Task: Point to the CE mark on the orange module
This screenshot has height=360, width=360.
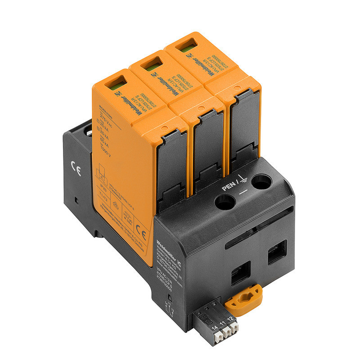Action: pos(142,234)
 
